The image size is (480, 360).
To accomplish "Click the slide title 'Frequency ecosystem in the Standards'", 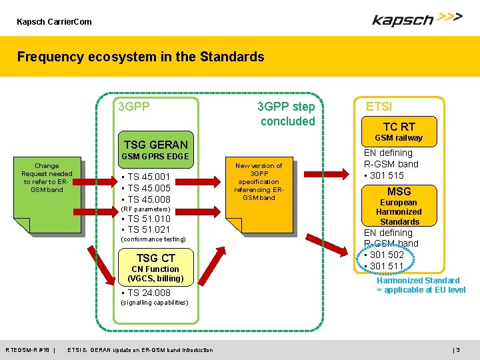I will [x=141, y=57].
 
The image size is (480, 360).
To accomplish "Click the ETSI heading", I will [x=379, y=105].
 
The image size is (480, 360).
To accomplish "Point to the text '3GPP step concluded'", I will [x=287, y=114].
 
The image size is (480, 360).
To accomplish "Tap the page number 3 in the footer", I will [x=457, y=350].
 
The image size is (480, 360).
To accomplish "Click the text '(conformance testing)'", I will [x=153, y=239].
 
